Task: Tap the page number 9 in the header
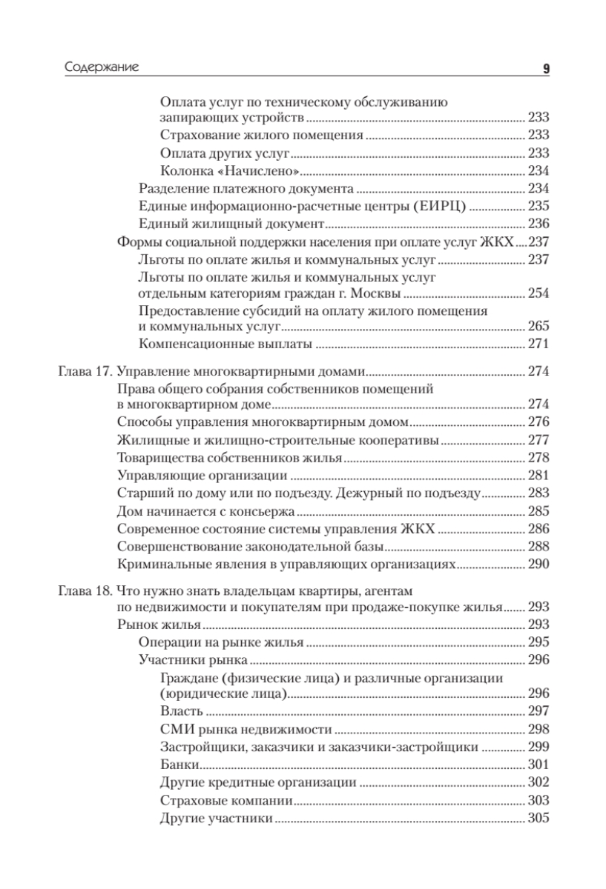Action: (x=545, y=69)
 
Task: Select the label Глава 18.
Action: (x=85, y=591)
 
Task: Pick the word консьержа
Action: (x=263, y=511)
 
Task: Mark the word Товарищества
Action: (x=165, y=457)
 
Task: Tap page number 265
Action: (x=537, y=326)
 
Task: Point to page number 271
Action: (x=537, y=344)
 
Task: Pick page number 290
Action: (x=537, y=565)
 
